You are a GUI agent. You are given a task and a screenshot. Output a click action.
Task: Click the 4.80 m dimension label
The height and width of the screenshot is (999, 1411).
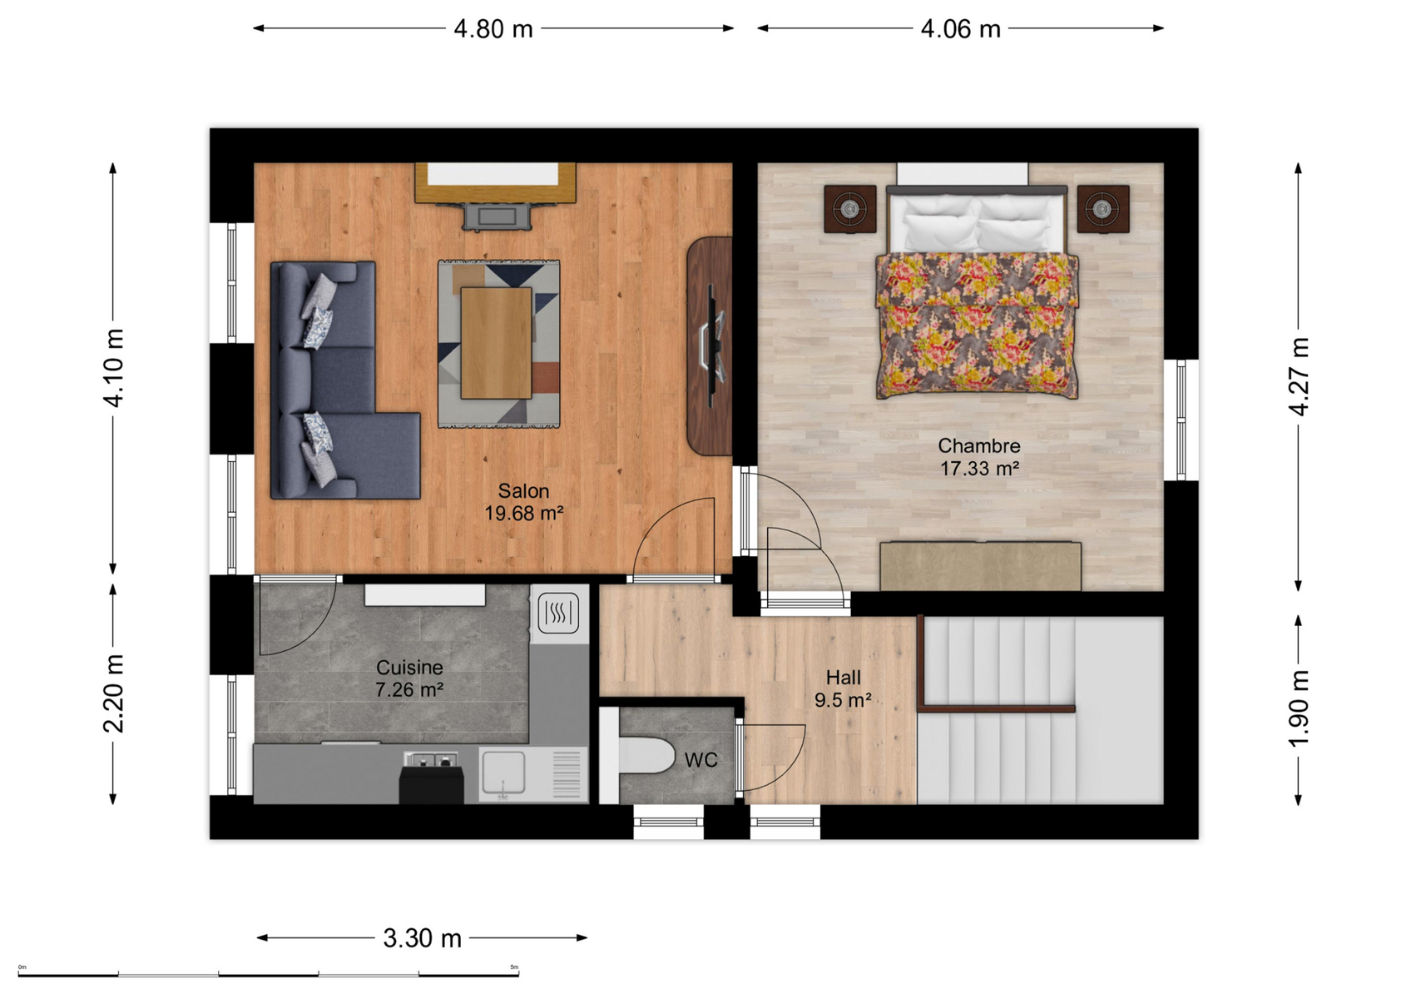493,29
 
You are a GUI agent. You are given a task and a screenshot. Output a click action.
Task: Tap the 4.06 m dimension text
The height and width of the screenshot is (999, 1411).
961,29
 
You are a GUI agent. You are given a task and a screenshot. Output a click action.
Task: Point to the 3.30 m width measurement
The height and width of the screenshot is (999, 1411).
422,938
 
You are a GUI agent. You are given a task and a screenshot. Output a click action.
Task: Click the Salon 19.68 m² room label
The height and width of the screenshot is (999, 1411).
523,502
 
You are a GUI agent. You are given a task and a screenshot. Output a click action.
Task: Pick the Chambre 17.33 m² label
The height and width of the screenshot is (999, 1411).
979,457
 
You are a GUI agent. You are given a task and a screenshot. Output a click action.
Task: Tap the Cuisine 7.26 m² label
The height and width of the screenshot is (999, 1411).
409,678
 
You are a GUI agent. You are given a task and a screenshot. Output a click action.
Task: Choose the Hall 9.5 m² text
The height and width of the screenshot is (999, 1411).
843,688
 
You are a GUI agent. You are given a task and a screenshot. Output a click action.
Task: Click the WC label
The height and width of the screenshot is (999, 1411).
701,760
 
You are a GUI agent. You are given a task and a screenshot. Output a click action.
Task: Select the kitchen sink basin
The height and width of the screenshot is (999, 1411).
503,773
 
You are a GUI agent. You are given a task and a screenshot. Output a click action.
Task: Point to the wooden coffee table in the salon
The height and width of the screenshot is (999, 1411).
497,343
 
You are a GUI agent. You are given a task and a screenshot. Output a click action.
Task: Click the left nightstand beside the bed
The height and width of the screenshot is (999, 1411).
850,209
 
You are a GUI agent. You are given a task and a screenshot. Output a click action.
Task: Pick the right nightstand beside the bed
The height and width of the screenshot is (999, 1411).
1102,209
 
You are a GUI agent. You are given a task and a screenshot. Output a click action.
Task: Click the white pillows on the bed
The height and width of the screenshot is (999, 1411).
977,222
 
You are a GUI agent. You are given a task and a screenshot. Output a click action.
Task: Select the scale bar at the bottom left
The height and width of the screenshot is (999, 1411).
269,974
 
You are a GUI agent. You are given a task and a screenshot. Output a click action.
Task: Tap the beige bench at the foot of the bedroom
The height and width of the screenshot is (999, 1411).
981,566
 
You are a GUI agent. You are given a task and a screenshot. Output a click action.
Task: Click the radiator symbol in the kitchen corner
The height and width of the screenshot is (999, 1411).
559,612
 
